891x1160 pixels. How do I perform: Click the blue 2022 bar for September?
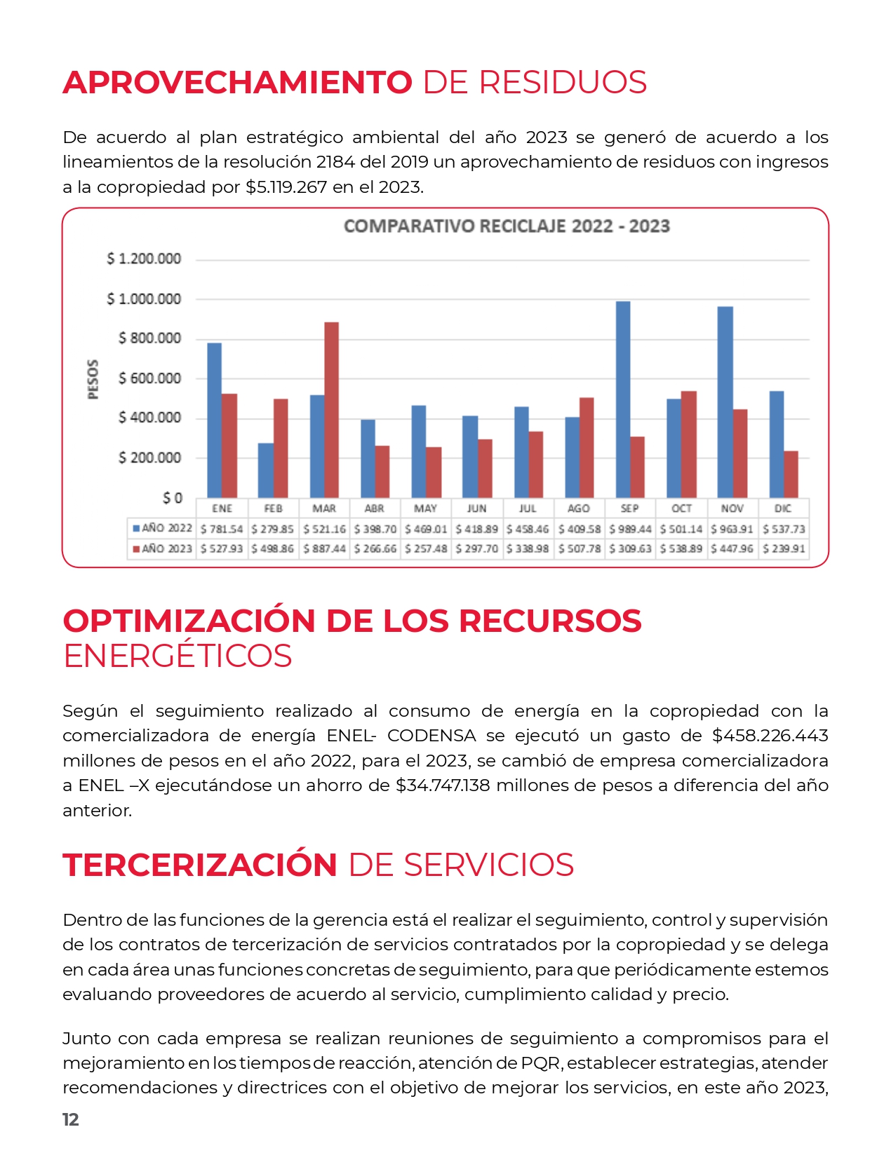click(622, 399)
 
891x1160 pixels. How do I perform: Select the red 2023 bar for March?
click(331, 410)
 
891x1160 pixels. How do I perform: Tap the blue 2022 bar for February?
click(265, 470)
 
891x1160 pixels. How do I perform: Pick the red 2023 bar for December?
click(791, 474)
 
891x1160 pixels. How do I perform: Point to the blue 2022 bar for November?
click(725, 402)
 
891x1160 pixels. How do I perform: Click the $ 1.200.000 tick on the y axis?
click(144, 259)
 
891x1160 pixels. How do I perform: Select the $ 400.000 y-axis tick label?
click(149, 417)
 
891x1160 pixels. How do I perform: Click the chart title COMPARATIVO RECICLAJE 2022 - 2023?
click(506, 227)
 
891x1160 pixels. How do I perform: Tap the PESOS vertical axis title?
click(93, 379)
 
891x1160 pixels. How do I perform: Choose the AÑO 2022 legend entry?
click(162, 529)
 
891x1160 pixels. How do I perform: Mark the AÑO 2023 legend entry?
click(162, 548)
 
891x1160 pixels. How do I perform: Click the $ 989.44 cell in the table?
click(630, 529)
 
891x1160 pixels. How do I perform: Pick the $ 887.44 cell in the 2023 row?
click(325, 548)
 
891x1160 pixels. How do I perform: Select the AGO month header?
click(578, 508)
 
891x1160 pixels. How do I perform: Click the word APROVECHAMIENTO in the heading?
click(238, 83)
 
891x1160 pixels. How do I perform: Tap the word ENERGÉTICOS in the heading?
click(177, 656)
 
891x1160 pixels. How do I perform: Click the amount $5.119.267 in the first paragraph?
click(286, 187)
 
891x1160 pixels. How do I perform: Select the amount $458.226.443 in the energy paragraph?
click(770, 735)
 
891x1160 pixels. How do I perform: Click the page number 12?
click(70, 1119)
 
